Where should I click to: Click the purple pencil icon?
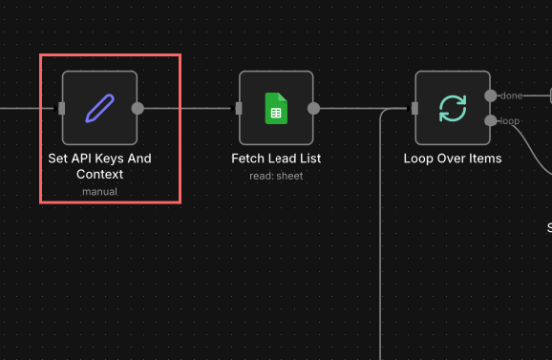coord(99,108)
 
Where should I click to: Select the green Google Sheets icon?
coord(276,108)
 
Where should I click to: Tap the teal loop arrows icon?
coord(453,108)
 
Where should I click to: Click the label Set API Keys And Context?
coord(99,166)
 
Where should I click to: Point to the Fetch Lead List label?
coord(276,159)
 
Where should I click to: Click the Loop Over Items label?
coord(453,159)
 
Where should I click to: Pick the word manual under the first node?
coord(99,191)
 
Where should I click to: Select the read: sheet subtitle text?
coord(276,175)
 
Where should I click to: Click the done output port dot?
coord(490,95)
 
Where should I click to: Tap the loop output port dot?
coord(490,120)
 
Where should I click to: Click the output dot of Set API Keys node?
coord(138,108)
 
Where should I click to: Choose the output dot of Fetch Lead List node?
coord(314,108)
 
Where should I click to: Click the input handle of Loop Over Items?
coord(415,108)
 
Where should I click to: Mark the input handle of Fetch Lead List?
coord(239,108)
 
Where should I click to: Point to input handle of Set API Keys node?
coord(62,108)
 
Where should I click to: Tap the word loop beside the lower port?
coord(509,120)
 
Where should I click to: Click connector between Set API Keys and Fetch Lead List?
coord(188,108)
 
